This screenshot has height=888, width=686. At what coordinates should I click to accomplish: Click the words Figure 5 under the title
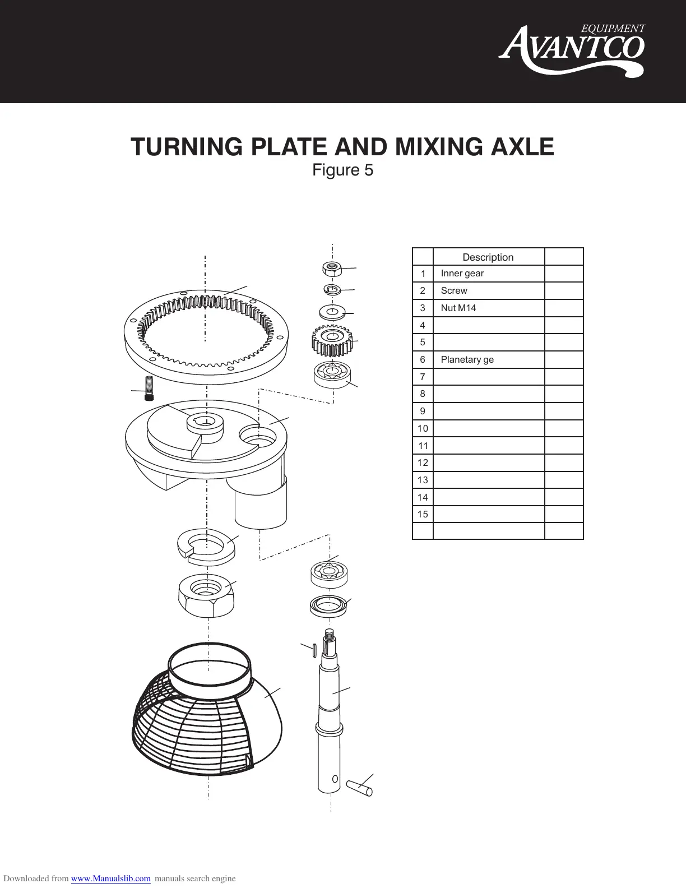pyautogui.click(x=342, y=170)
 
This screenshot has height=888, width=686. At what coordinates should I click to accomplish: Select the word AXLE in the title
pyautogui.click(x=522, y=147)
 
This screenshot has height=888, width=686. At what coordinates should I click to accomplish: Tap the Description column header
pyautogui.click(x=488, y=257)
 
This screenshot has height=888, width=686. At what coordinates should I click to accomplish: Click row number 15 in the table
pyautogui.click(x=423, y=514)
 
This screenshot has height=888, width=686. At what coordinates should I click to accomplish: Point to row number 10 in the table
pyautogui.click(x=423, y=428)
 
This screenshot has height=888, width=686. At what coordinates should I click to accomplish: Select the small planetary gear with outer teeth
pyautogui.click(x=333, y=340)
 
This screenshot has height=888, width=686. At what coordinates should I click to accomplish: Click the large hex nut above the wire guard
pyautogui.click(x=206, y=595)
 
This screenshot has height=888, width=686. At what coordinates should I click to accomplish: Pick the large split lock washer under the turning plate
pyautogui.click(x=207, y=544)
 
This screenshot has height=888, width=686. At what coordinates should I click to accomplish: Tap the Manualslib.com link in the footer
pyautogui.click(x=111, y=878)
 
